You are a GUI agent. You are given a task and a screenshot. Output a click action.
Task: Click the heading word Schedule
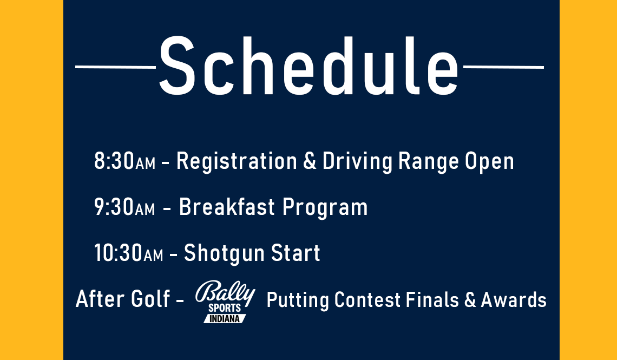click(308, 66)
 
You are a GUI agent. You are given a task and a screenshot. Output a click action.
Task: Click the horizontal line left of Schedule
click(115, 67)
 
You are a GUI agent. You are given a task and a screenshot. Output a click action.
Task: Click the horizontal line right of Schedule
click(503, 67)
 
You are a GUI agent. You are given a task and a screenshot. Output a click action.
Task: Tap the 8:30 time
click(114, 162)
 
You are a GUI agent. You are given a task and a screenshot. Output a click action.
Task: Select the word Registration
click(237, 162)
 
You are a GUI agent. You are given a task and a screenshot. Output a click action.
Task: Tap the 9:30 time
click(114, 207)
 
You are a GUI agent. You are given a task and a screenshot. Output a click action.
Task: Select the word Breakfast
click(227, 207)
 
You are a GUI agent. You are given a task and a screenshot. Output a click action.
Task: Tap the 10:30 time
click(118, 253)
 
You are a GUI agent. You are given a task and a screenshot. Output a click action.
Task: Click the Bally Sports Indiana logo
click(225, 302)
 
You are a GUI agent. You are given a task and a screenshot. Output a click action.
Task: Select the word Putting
click(298, 299)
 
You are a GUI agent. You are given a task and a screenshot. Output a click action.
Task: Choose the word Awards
click(514, 299)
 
